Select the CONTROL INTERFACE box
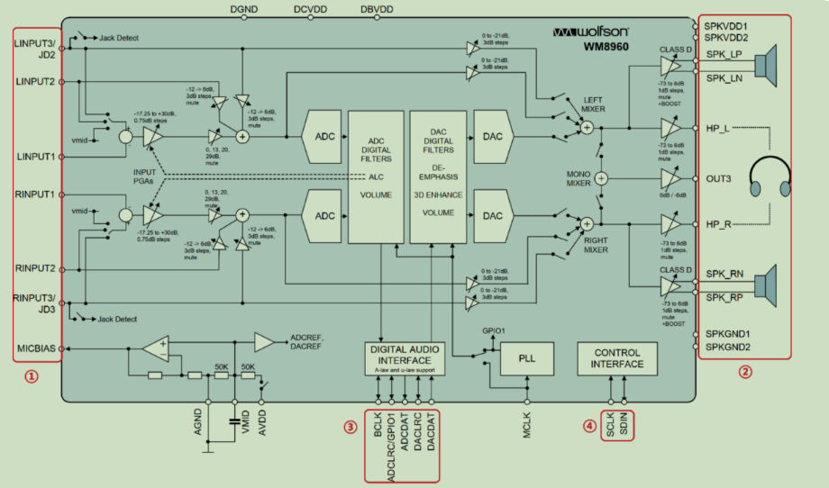(x=617, y=358)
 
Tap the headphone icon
(x=769, y=177)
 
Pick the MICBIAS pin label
(x=35, y=348)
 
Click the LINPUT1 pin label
(x=35, y=156)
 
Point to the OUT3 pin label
(x=719, y=177)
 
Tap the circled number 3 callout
(x=350, y=426)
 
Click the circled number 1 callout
(x=32, y=376)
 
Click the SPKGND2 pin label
(x=727, y=347)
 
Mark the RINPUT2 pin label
(x=35, y=267)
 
